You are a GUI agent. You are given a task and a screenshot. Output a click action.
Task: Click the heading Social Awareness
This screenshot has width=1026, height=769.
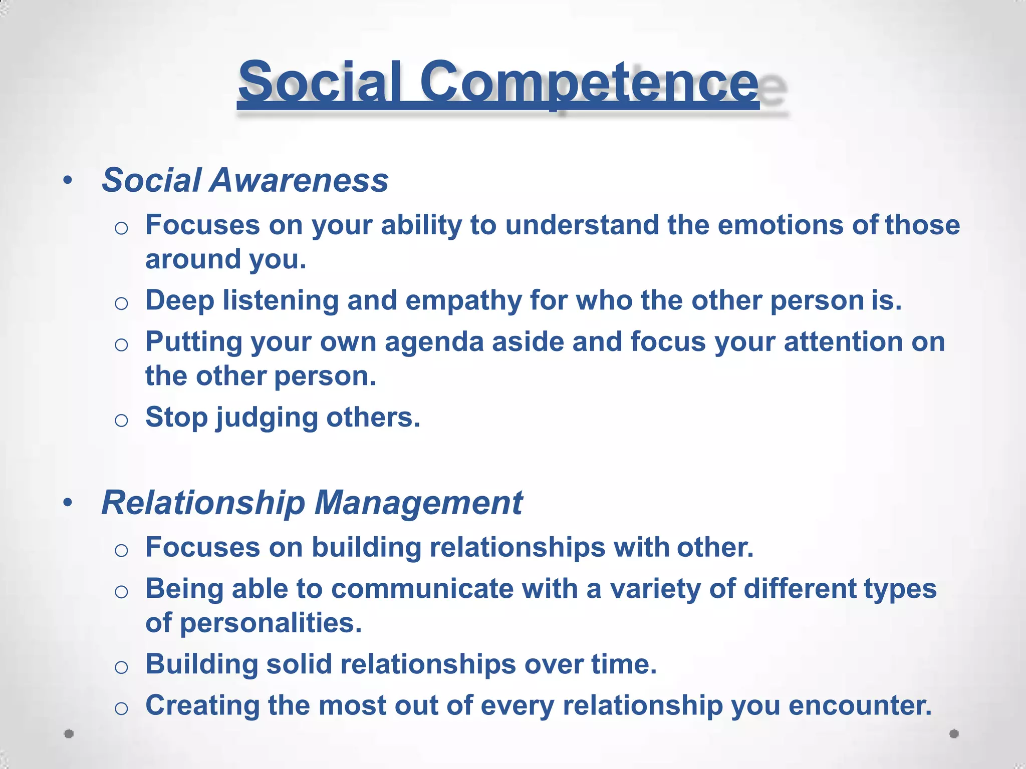coord(245,180)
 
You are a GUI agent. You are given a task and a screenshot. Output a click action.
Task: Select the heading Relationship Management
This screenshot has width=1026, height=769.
coord(312,503)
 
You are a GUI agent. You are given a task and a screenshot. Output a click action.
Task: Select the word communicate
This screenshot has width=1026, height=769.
coord(422,589)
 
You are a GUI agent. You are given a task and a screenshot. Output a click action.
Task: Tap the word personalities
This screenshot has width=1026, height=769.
coord(270,624)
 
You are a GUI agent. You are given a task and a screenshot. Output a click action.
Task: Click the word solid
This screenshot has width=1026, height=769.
coord(299,664)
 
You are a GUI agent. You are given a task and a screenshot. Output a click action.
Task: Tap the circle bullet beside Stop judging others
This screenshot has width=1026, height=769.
coord(121,420)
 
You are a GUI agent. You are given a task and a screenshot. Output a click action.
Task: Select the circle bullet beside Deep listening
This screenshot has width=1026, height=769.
coord(121,303)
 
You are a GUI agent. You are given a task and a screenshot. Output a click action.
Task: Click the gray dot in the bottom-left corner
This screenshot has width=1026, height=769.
coord(69,734)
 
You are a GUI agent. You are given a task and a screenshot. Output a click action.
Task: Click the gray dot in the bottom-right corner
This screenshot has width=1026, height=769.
coord(954,734)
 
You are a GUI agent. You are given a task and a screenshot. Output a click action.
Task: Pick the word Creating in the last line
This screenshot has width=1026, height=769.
coord(202,705)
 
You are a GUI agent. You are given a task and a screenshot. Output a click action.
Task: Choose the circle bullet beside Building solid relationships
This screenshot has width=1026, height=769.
coord(121,667)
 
